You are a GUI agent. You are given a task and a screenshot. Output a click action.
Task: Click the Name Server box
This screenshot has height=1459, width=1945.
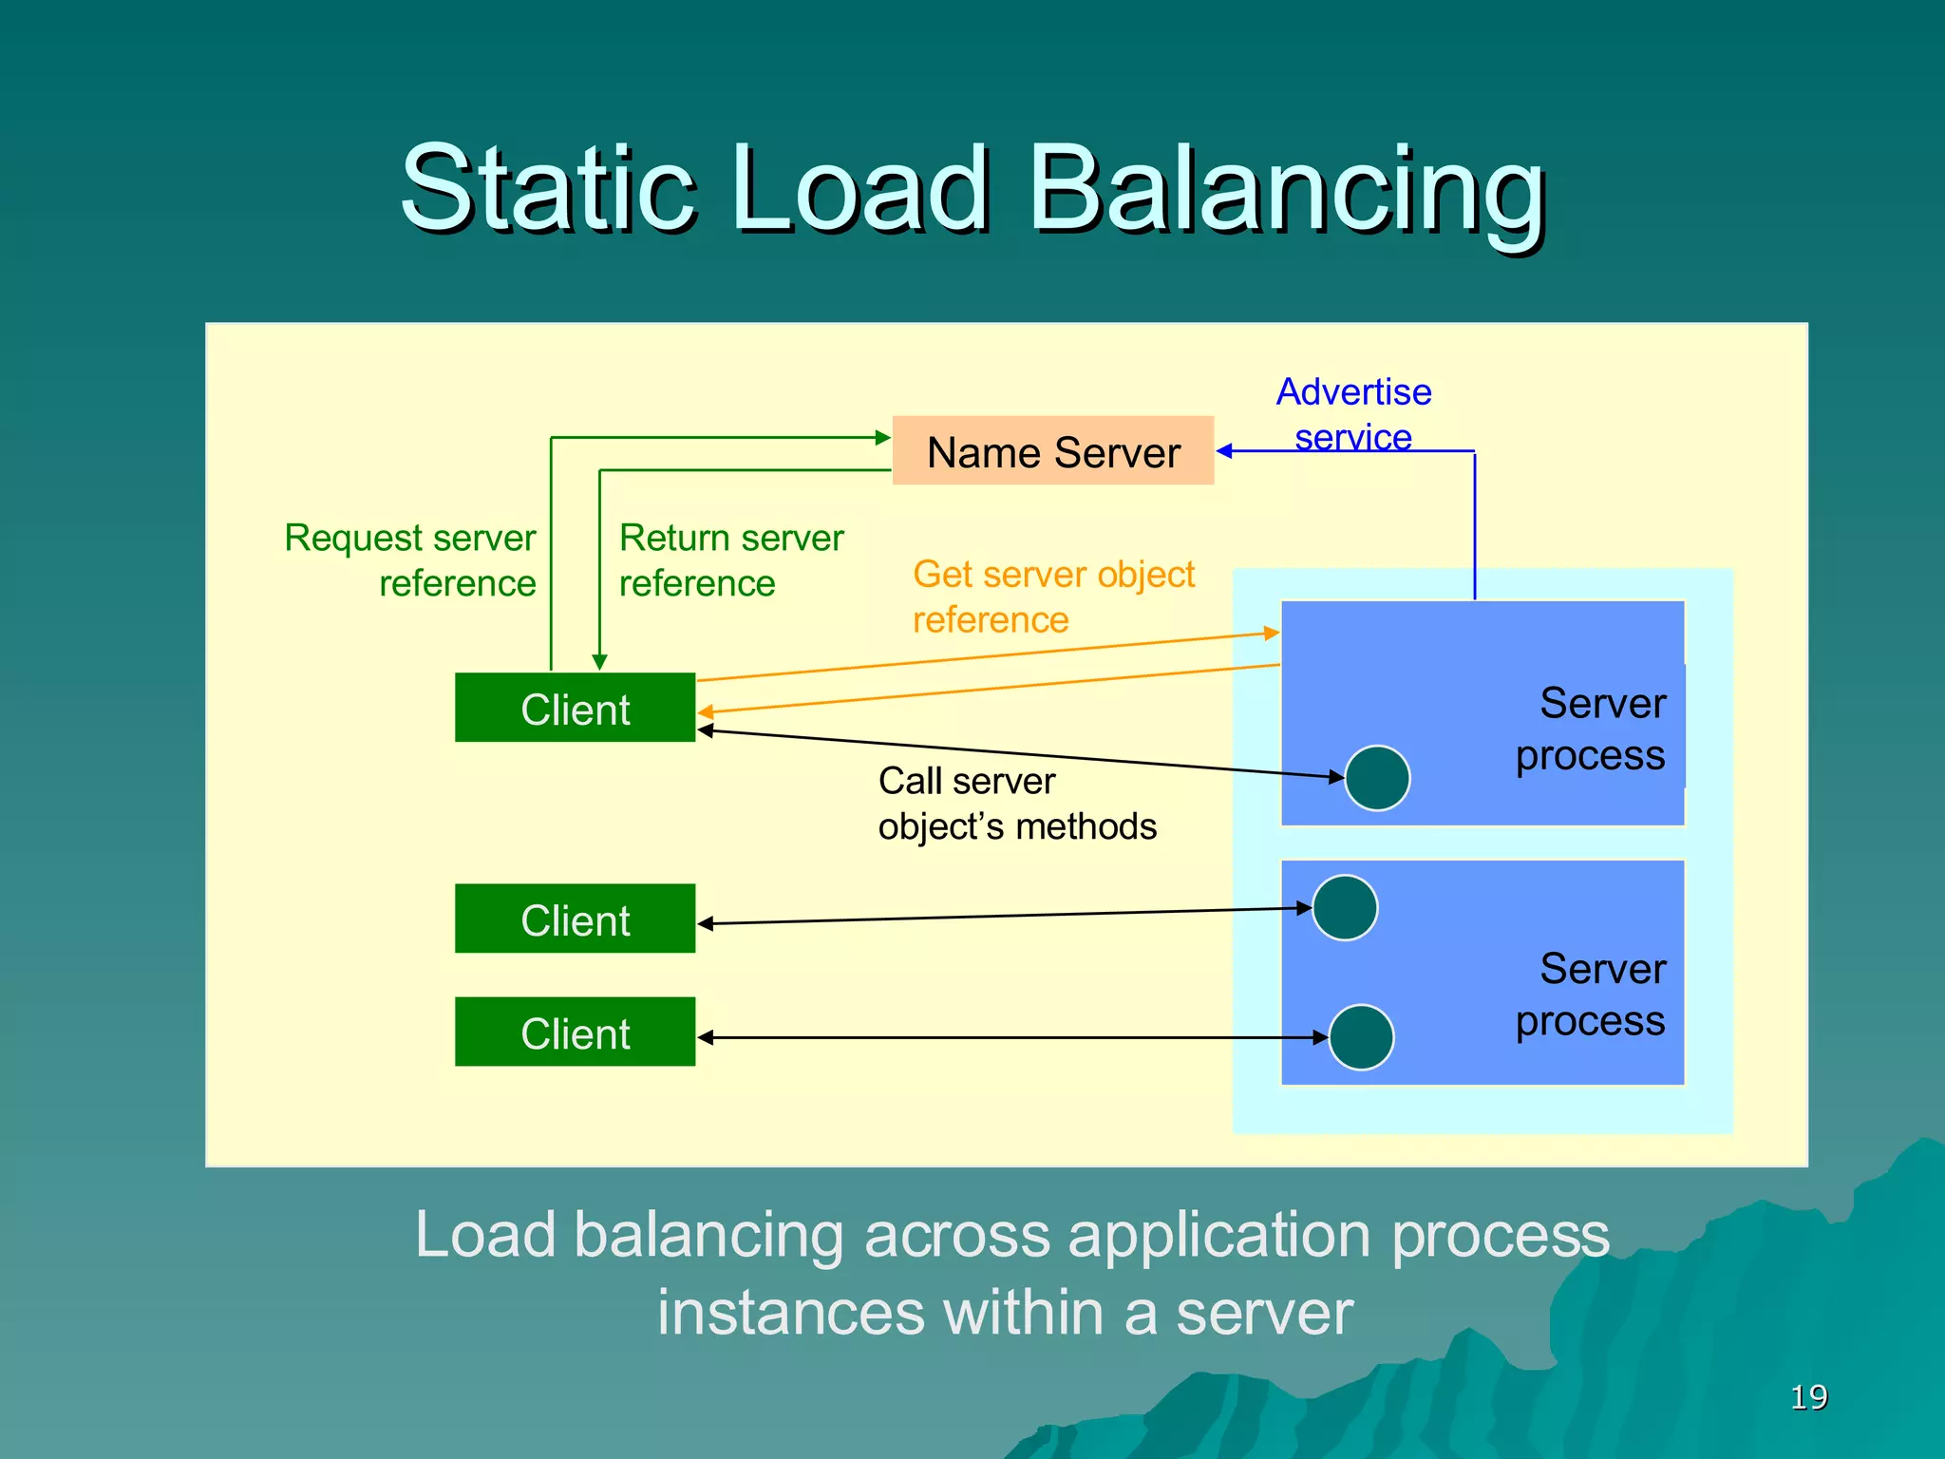pyautogui.click(x=1052, y=451)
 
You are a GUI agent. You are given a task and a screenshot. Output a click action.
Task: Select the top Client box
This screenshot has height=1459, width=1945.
pyautogui.click(x=575, y=709)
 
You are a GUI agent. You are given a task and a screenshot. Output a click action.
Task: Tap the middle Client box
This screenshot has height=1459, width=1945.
pyautogui.click(x=575, y=919)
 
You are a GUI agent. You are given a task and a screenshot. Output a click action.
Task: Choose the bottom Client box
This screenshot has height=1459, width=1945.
pyautogui.click(x=575, y=1033)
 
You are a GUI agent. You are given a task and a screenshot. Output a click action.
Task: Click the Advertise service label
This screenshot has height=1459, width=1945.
pyautogui.click(x=1353, y=413)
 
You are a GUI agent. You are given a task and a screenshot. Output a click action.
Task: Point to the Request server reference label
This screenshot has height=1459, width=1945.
pyautogui.click(x=410, y=560)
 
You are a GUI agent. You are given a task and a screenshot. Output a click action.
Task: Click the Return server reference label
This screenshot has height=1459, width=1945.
pyautogui.click(x=730, y=560)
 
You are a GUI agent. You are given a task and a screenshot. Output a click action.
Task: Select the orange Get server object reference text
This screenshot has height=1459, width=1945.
pyautogui.click(x=1052, y=597)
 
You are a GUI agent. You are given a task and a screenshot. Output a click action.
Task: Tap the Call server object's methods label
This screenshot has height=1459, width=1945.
pyautogui.click(x=1016, y=804)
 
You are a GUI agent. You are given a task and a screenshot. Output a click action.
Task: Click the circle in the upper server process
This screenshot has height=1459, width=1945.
pyautogui.click(x=1377, y=778)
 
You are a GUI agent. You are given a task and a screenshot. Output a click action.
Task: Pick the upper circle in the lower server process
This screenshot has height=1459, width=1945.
pyautogui.click(x=1345, y=908)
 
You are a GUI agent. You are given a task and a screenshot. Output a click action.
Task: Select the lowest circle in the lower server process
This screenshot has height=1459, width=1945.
pyautogui.click(x=1361, y=1037)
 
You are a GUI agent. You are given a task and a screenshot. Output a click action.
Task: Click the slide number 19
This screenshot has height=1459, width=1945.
pyautogui.click(x=1808, y=1397)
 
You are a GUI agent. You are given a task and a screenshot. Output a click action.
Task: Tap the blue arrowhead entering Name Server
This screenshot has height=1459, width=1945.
pyautogui.click(x=1224, y=451)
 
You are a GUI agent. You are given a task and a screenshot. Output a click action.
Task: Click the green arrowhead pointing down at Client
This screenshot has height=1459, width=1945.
pyautogui.click(x=599, y=662)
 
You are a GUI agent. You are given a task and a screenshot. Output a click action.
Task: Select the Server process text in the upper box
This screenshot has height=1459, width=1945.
pyautogui.click(x=1591, y=729)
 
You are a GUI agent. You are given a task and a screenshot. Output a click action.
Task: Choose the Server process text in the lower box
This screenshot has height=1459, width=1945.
pyautogui.click(x=1591, y=995)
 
